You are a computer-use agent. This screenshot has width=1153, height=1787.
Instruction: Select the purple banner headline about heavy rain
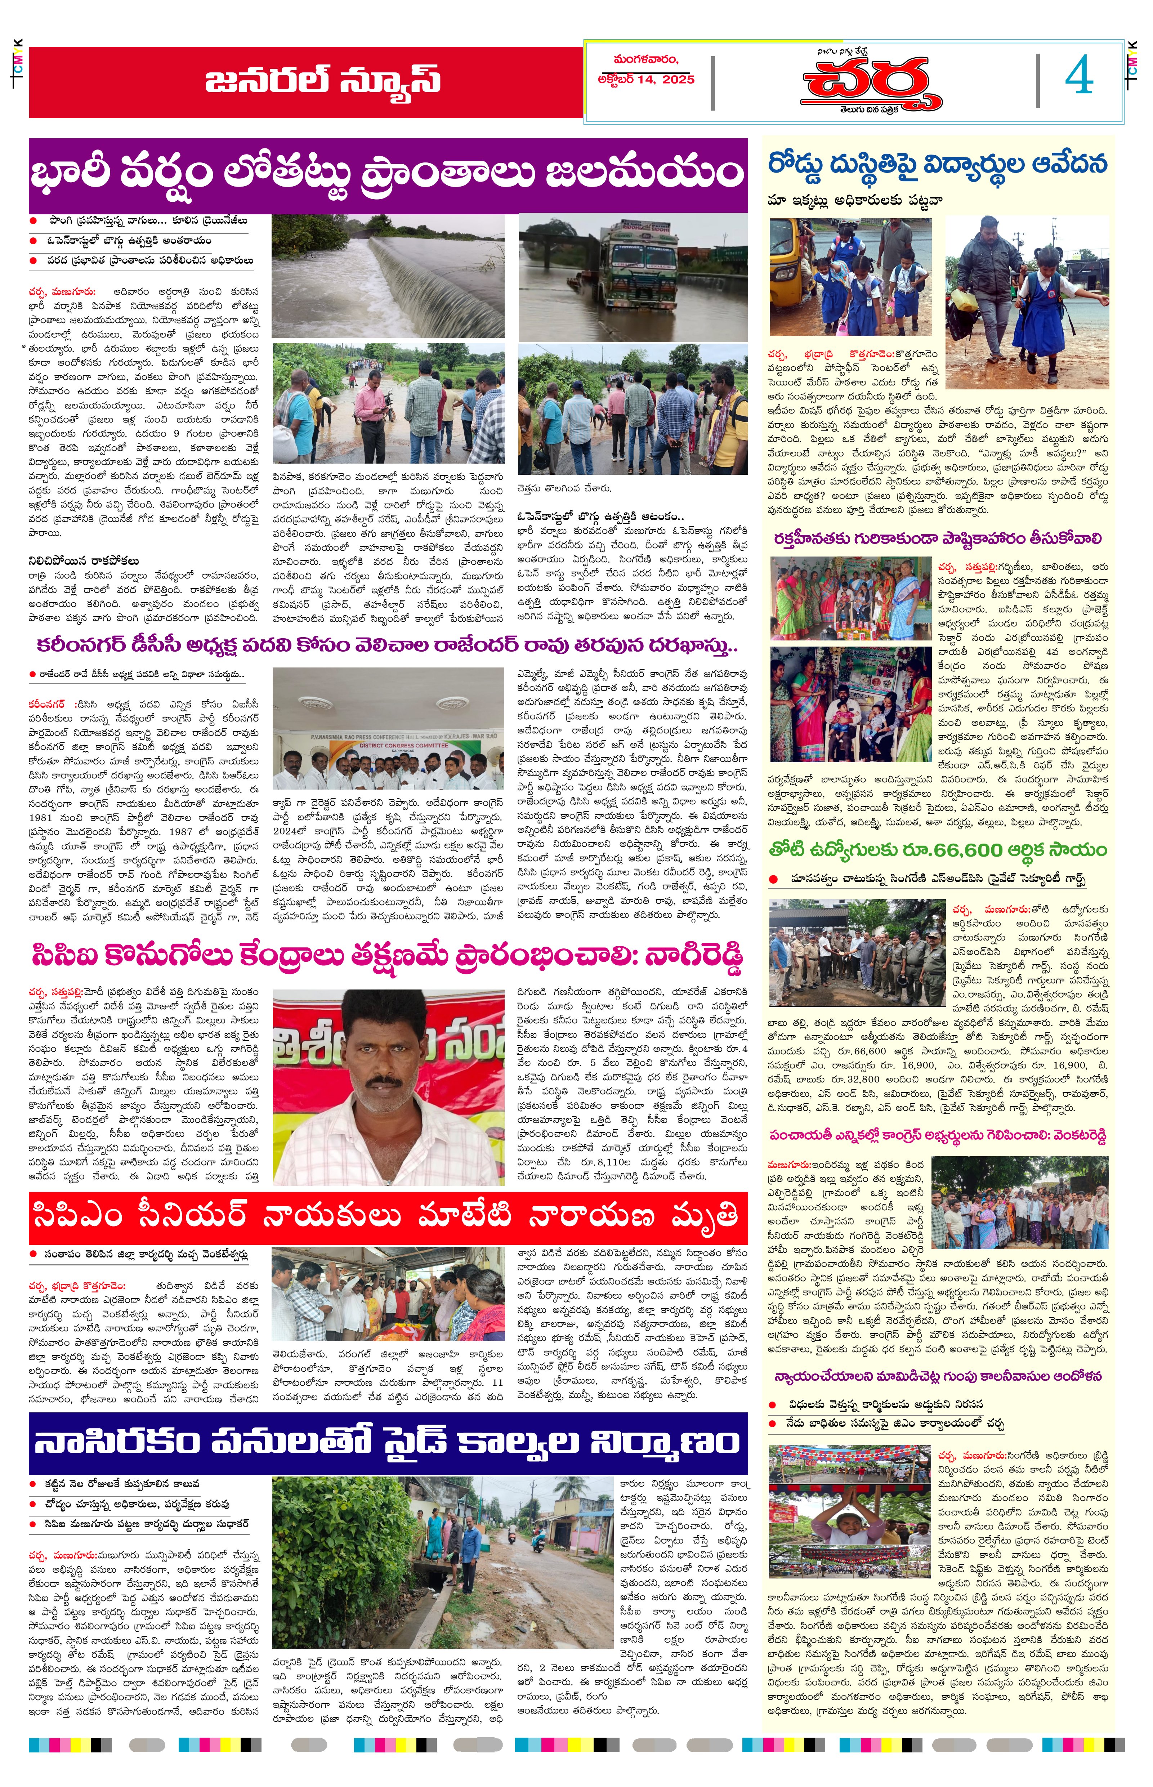coord(388,174)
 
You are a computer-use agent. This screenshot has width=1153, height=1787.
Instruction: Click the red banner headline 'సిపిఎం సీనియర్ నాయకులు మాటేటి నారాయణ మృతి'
coord(388,1217)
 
